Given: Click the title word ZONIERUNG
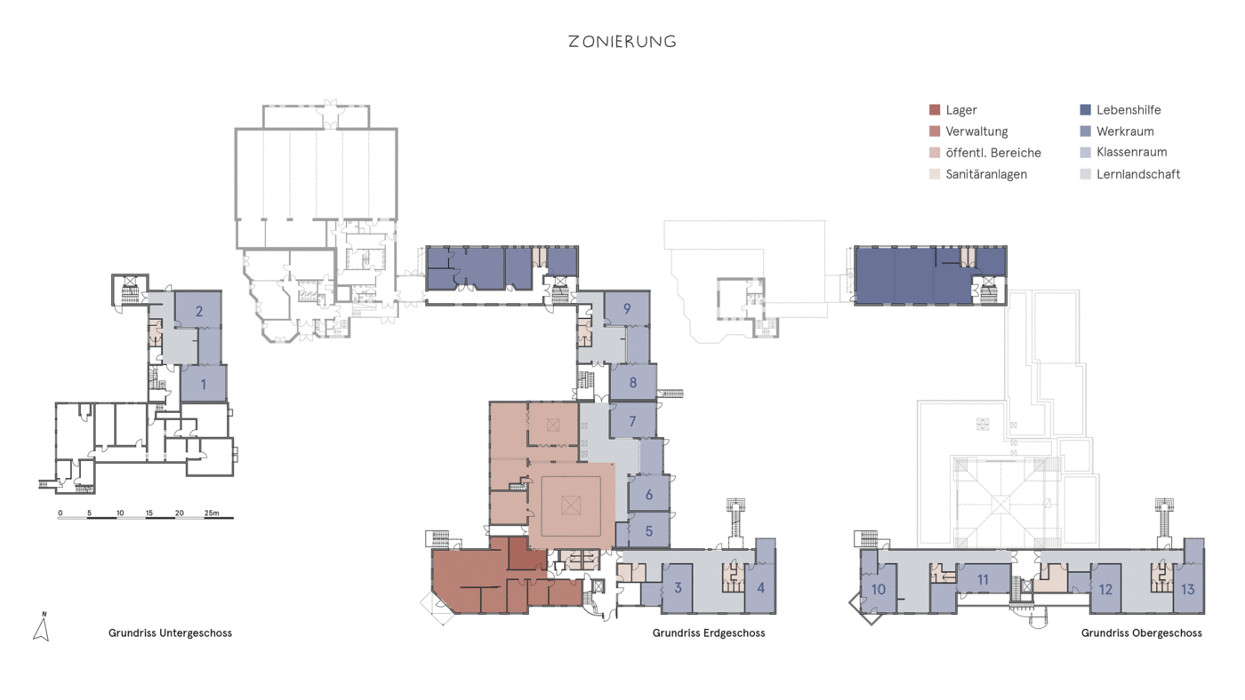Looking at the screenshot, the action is pyautogui.click(x=622, y=42).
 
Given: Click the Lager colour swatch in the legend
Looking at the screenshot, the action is pyautogui.click(x=935, y=110).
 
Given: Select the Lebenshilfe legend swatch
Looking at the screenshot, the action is pyautogui.click(x=1085, y=110).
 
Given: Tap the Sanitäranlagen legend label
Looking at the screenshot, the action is pyautogui.click(x=986, y=174).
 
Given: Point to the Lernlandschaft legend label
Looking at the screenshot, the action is pyautogui.click(x=1137, y=174).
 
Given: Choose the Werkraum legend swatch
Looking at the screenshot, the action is pyautogui.click(x=1085, y=131).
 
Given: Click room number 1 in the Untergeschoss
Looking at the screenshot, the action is pyautogui.click(x=204, y=384).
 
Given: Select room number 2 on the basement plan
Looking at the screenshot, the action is pyautogui.click(x=199, y=312).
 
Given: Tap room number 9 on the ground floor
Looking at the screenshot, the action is pyautogui.click(x=627, y=308).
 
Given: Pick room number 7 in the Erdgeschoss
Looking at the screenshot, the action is pyautogui.click(x=632, y=421).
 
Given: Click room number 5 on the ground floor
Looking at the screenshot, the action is pyautogui.click(x=648, y=531).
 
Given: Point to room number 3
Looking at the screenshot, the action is pyautogui.click(x=678, y=588).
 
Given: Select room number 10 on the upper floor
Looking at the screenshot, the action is pyautogui.click(x=879, y=590).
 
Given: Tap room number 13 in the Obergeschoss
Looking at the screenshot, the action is pyautogui.click(x=1187, y=590).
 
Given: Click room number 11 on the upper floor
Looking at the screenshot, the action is pyautogui.click(x=983, y=580).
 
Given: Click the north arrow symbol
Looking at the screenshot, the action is pyautogui.click(x=42, y=627).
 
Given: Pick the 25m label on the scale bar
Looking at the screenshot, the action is pyautogui.click(x=212, y=513).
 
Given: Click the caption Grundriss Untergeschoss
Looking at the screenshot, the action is pyautogui.click(x=170, y=633).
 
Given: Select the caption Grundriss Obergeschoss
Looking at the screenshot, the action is pyautogui.click(x=1142, y=633).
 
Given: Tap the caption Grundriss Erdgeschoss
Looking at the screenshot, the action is pyautogui.click(x=709, y=633).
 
